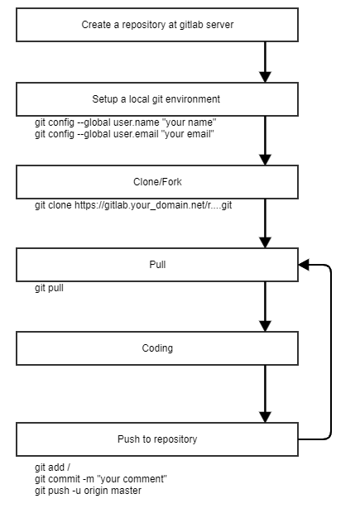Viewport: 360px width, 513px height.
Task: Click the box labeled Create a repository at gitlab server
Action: [157, 25]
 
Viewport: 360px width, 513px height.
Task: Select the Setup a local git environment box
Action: [157, 99]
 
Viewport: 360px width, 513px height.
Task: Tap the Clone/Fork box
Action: [157, 182]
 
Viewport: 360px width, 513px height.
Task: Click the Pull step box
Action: [157, 265]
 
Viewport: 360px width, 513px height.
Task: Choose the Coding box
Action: [157, 348]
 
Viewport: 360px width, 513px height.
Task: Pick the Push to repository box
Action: [157, 439]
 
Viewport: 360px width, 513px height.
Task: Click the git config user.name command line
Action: [125, 122]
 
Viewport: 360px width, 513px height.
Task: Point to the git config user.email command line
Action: [124, 134]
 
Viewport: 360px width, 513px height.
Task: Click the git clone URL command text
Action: [133, 205]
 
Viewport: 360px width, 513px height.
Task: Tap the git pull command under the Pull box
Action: [49, 288]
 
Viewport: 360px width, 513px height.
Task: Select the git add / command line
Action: [52, 467]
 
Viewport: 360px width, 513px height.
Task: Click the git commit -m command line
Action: [101, 479]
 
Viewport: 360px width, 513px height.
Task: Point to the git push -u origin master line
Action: [88, 491]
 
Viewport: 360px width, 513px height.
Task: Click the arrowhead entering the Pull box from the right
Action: [304, 265]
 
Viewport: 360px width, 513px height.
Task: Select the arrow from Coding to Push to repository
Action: [265, 394]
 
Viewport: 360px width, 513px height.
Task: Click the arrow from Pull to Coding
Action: [265, 306]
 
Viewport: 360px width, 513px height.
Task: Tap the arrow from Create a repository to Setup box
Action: [265, 62]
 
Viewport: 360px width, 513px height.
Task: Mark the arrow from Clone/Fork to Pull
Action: [265, 223]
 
